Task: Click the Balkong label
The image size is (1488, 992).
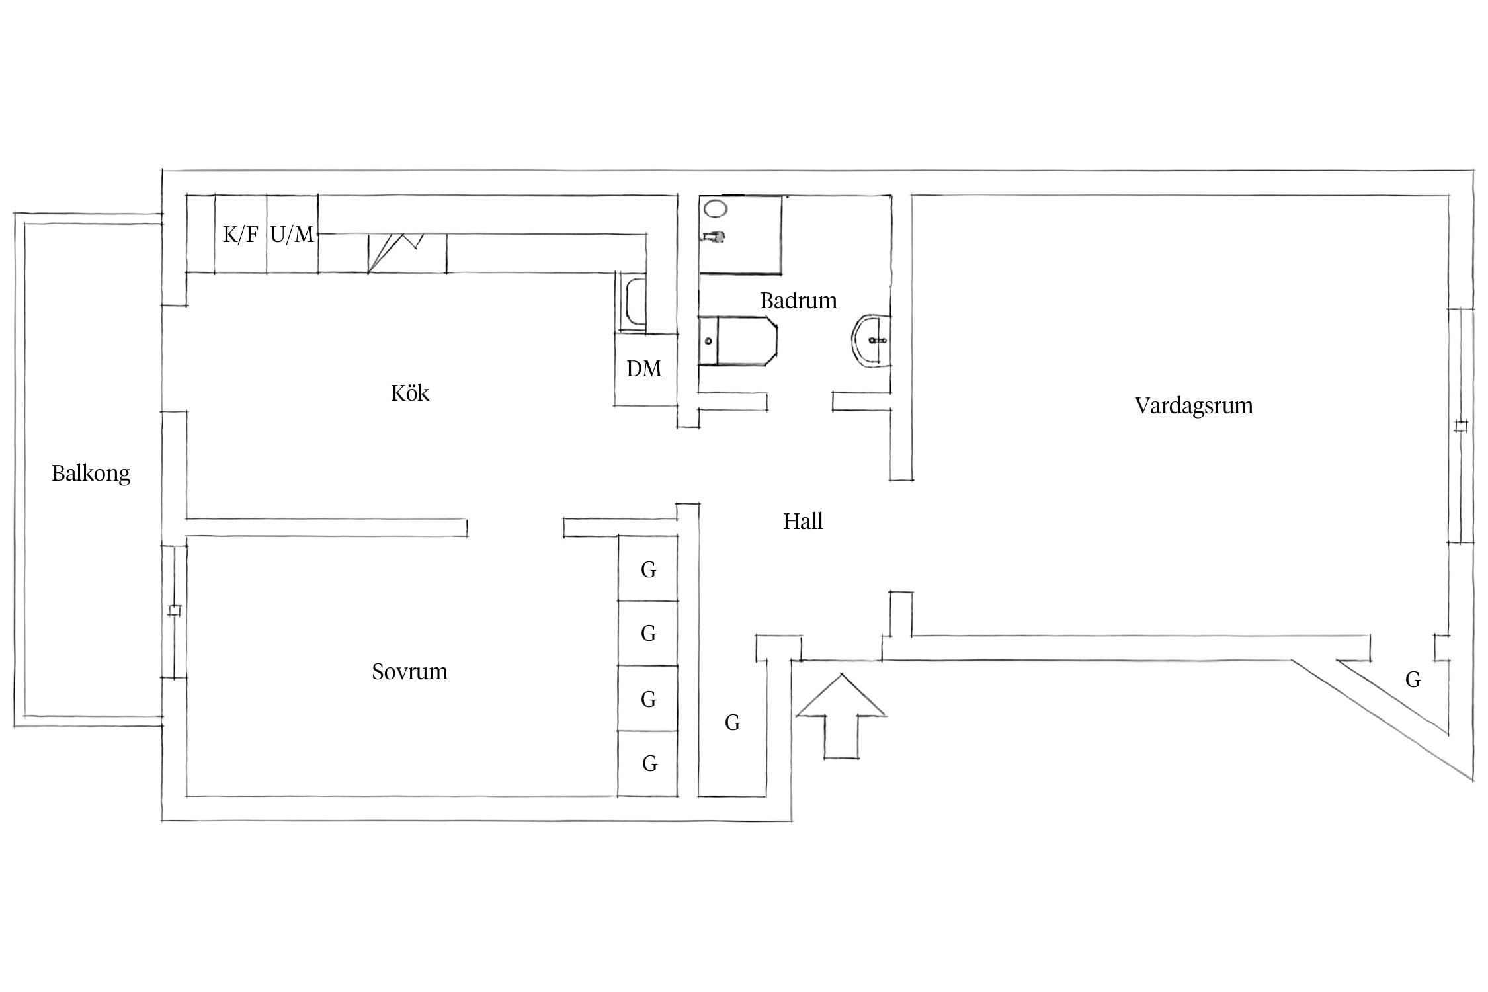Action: click(x=91, y=474)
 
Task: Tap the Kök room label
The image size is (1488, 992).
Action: click(x=410, y=393)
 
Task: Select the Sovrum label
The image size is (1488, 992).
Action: click(x=410, y=672)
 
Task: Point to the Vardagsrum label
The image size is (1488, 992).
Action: click(x=1194, y=406)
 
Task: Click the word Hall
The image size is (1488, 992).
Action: click(x=803, y=521)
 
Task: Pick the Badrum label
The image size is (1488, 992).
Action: click(x=798, y=301)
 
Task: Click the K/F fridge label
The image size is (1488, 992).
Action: click(x=240, y=234)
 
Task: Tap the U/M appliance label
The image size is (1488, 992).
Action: click(x=292, y=234)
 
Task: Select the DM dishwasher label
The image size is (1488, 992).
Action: click(x=643, y=368)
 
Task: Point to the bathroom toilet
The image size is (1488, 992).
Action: click(x=737, y=341)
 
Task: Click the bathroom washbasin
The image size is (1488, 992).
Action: click(x=871, y=341)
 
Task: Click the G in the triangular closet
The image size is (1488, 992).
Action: click(x=1413, y=679)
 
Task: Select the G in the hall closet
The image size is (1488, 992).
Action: click(x=732, y=723)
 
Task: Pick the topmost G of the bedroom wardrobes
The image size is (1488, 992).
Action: click(x=648, y=570)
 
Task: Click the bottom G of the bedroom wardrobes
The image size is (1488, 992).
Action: click(x=649, y=764)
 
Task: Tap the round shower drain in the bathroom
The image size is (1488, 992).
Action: click(x=716, y=209)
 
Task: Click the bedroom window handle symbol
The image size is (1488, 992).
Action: click(x=175, y=610)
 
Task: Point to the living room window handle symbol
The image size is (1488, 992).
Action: click(x=1461, y=427)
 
